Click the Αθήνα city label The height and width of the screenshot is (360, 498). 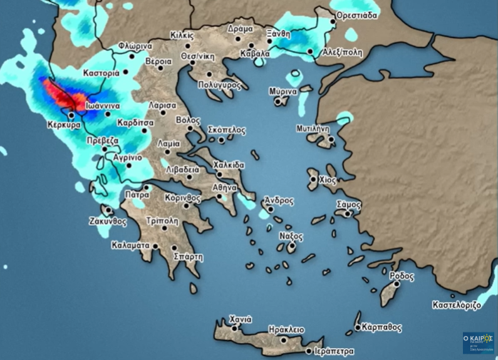(224, 187)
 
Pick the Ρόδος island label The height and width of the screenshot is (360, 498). (402, 275)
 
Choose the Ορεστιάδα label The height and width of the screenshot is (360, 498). (357, 15)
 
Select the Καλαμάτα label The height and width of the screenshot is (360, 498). (131, 245)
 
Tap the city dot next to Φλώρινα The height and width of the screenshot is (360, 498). (133, 56)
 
